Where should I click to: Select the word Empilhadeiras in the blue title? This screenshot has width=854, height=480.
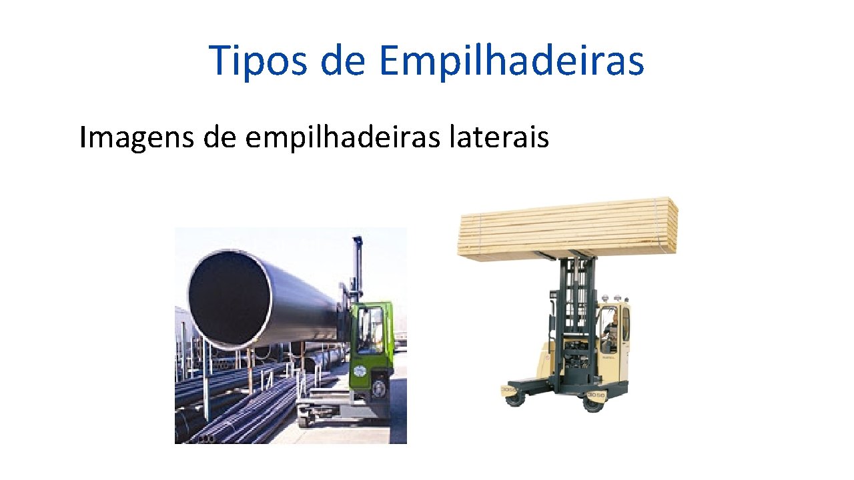pyautogui.click(x=512, y=61)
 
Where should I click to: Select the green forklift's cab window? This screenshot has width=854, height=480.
pyautogui.click(x=370, y=331)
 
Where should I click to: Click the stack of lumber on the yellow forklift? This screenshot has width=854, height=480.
pyautogui.click(x=567, y=228)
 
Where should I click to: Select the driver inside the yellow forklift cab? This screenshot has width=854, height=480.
pyautogui.click(x=610, y=330)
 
